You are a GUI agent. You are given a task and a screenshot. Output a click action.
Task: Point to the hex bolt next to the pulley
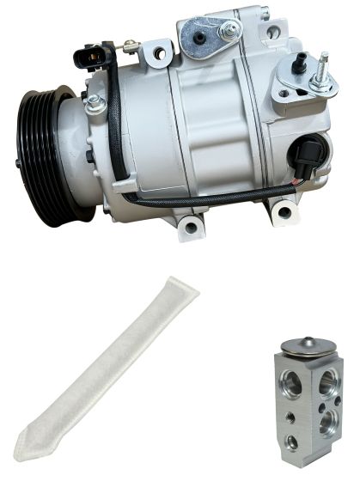click(x=95, y=105)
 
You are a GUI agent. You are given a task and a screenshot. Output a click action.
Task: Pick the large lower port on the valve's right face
click(x=327, y=423)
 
